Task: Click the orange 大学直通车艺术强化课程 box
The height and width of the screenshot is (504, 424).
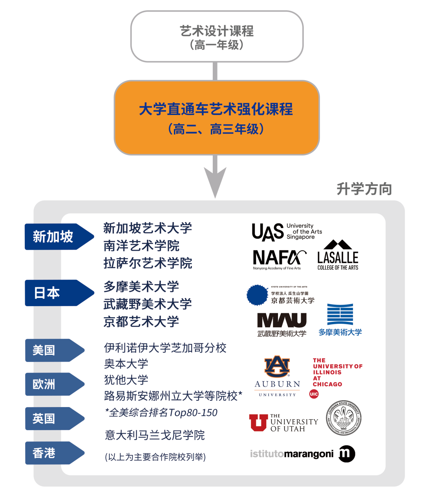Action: tap(216, 118)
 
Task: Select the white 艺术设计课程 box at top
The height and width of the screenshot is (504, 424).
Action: tap(217, 37)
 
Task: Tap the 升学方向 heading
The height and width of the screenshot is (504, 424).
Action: tap(364, 189)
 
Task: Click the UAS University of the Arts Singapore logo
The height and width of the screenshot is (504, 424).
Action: tap(287, 232)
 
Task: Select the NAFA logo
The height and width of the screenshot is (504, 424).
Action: tap(279, 259)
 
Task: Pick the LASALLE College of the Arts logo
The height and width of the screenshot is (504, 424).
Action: tap(338, 256)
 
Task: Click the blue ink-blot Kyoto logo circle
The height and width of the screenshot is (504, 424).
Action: tap(257, 295)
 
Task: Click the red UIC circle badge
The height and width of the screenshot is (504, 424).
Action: tap(314, 394)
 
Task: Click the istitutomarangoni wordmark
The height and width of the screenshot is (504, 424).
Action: tap(292, 454)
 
